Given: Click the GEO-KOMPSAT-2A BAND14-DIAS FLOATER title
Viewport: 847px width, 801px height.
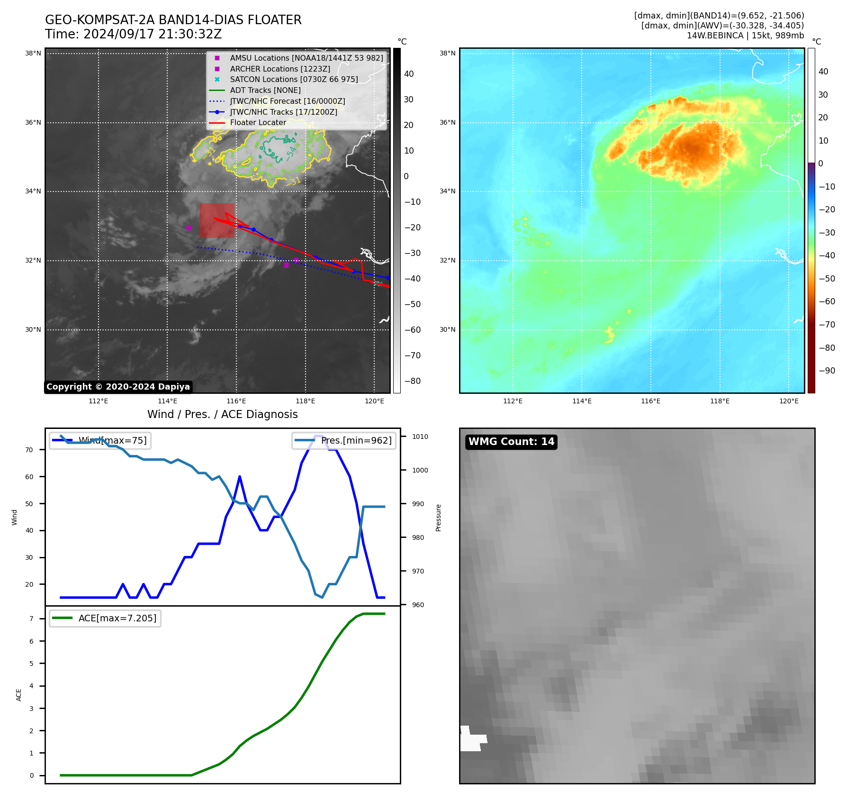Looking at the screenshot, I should coord(173,20).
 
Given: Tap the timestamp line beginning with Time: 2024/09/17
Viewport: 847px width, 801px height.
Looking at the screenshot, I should coord(133,35).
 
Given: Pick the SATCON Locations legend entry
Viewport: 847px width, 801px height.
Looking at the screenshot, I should coord(294,80).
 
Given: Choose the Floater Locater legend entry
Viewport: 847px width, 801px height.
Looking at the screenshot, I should coord(258,123).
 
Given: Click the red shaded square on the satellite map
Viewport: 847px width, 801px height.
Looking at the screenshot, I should coord(217,220).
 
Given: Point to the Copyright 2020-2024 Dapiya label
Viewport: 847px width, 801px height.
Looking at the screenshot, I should coord(118,387).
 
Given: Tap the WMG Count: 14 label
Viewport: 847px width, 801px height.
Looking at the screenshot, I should coord(511,442).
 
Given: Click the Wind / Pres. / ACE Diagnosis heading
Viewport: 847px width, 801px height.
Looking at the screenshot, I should coord(222,414).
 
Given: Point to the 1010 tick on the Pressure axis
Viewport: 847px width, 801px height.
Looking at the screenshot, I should coord(420,437).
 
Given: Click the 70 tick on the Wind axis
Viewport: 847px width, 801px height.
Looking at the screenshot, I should coord(29,450).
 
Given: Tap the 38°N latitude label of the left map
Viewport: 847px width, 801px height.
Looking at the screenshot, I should coord(33,54).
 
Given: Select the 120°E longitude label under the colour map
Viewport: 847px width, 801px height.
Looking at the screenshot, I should coord(788,401).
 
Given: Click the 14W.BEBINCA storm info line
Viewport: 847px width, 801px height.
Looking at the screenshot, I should coord(745,36).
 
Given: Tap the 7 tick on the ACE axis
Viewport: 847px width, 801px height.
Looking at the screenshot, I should coord(32,619).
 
